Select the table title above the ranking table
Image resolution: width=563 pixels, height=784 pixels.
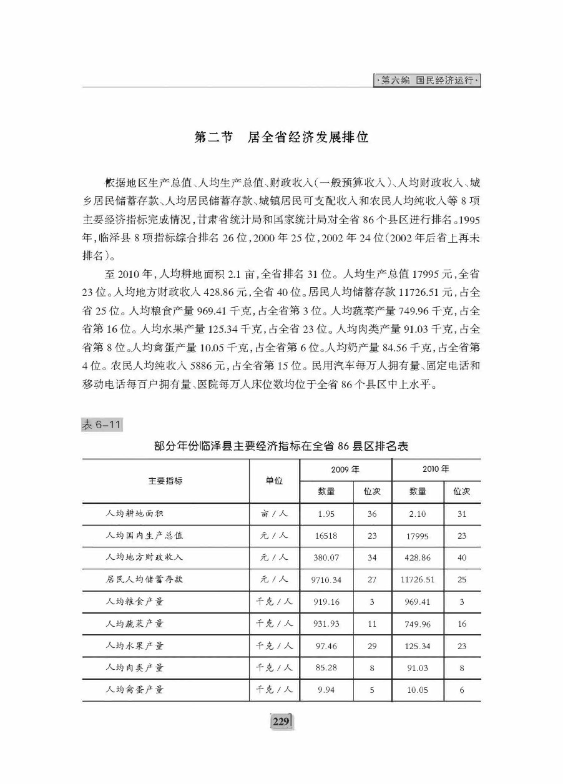click(x=281, y=447)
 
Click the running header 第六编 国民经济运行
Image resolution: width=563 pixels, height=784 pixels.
click(x=428, y=81)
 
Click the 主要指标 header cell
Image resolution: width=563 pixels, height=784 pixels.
click(x=165, y=481)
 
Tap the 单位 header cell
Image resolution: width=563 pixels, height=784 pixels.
click(x=274, y=481)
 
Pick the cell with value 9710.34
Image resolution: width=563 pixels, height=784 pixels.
click(x=326, y=580)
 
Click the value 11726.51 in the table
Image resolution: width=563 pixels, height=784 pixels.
click(x=418, y=580)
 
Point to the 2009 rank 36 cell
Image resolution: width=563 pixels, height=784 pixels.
click(x=372, y=514)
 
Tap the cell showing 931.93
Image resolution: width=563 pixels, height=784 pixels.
click(x=326, y=624)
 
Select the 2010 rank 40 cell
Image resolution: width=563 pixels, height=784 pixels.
click(x=462, y=558)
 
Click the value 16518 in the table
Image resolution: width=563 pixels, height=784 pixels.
click(x=326, y=536)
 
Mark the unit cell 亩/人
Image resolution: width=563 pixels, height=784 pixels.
click(x=274, y=514)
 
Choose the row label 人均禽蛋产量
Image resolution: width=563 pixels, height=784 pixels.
click(x=135, y=690)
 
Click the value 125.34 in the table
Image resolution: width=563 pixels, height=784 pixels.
click(x=418, y=646)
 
